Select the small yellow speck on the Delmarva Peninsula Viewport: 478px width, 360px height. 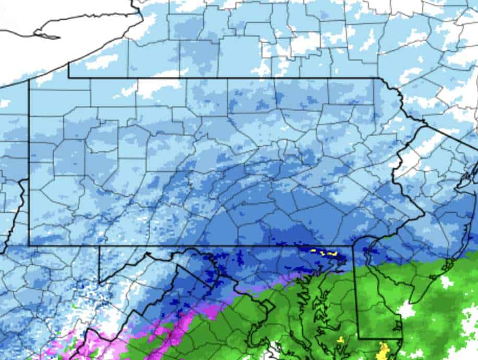coord(341,340)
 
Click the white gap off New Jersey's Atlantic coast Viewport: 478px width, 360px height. coord(446,282)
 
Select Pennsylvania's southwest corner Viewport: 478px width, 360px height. coord(29,245)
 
